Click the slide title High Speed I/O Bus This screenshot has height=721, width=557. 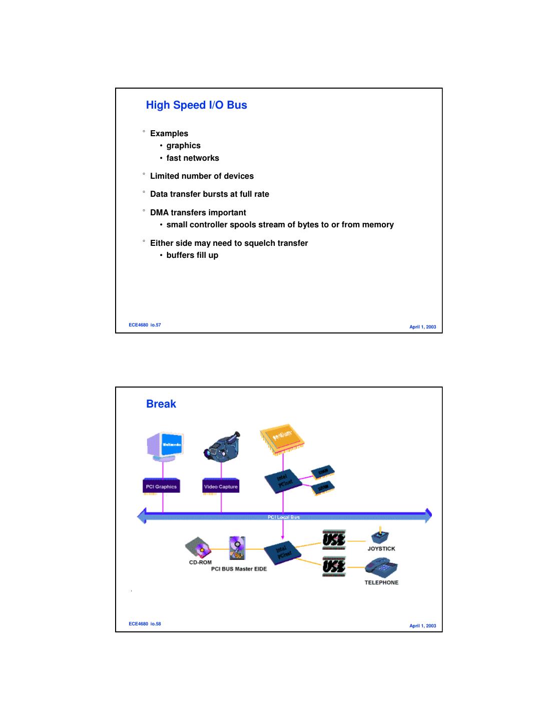click(196, 105)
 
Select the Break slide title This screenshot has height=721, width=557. click(161, 404)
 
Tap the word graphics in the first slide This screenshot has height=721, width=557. click(183, 146)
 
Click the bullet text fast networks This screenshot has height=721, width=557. click(193, 158)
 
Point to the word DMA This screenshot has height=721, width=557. click(159, 213)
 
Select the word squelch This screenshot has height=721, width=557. click(259, 243)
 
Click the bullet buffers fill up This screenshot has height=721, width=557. click(192, 255)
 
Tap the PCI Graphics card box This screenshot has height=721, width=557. click(161, 487)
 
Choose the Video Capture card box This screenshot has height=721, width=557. click(221, 487)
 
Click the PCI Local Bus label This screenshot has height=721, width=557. click(284, 517)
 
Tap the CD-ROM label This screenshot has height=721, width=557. click(200, 562)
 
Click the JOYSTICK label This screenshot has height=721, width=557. click(381, 549)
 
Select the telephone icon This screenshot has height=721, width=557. click(381, 568)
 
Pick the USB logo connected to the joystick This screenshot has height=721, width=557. click(334, 540)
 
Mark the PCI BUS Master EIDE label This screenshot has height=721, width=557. click(239, 569)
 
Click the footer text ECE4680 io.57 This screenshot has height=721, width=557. click(145, 325)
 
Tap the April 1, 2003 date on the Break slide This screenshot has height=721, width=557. click(422, 626)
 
